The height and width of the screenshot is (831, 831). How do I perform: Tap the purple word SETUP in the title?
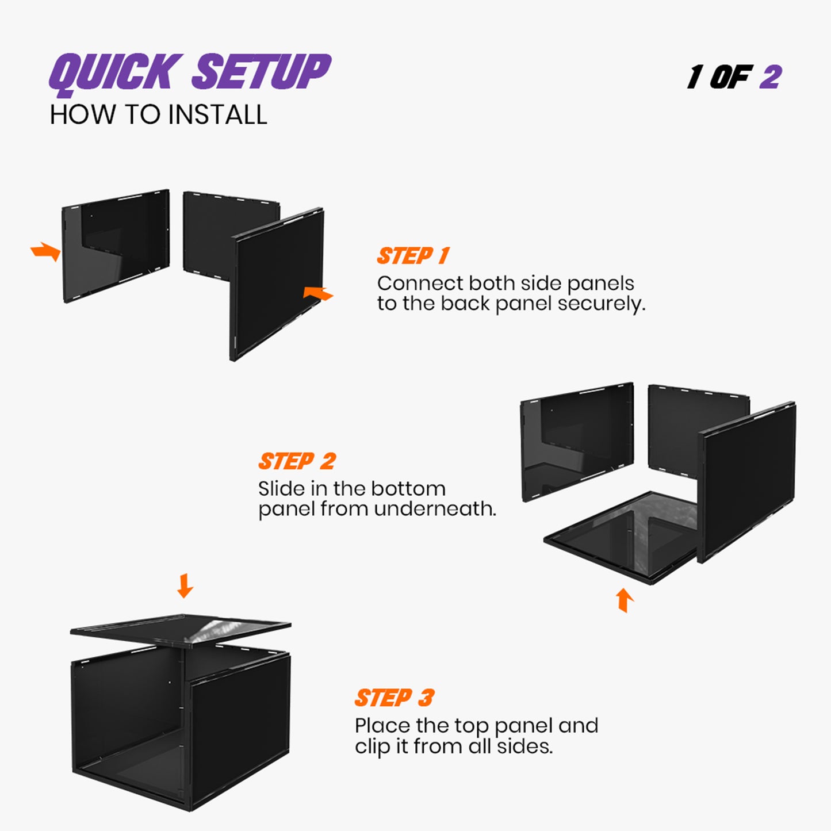tap(262, 71)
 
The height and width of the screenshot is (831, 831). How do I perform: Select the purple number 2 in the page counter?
tap(771, 76)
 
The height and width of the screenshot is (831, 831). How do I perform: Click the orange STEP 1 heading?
tap(413, 256)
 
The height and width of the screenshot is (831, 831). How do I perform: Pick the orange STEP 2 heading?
tap(297, 461)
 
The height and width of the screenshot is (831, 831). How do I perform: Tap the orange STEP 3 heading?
tap(394, 698)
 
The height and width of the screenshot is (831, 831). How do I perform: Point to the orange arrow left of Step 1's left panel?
tap(46, 252)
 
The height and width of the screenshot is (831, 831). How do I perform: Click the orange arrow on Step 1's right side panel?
tap(317, 293)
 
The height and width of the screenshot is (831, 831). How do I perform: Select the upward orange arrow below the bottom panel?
tap(625, 599)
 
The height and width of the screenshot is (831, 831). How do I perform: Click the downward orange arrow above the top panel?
tap(185, 585)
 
